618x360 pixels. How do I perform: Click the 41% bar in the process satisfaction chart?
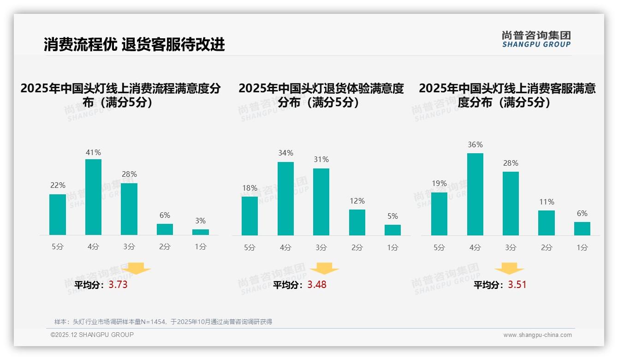pos(93,197)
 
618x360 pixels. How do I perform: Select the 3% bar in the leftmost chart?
pos(201,232)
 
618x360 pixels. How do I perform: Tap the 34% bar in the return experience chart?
pos(285,199)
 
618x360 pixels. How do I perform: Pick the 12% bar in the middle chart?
pos(357,222)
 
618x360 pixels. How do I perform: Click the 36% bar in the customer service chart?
pos(475,194)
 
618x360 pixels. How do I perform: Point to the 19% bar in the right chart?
pos(439,214)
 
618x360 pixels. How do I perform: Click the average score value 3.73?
pos(118,285)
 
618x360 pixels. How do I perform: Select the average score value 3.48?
pos(317,285)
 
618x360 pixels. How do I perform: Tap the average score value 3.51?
pos(517,285)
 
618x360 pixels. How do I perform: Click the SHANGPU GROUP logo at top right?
pos(536,39)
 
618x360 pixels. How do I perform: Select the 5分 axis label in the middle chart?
pos(250,248)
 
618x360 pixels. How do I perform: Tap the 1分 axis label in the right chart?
pos(582,248)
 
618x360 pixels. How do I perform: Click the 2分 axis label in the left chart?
pos(165,247)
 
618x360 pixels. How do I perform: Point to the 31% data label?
pos(321,160)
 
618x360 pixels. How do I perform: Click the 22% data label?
pos(58,186)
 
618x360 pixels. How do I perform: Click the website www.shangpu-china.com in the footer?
pos(537,335)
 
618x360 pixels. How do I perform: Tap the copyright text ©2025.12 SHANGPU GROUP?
pos(92,335)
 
